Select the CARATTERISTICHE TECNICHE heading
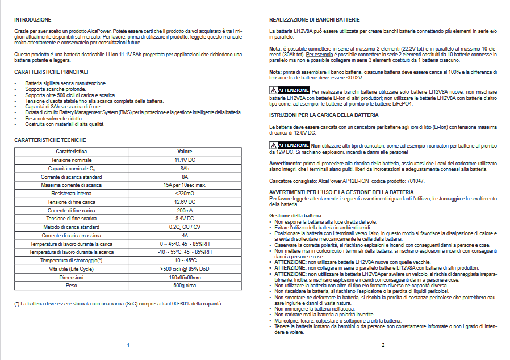(50, 140)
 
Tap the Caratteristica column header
(71, 152)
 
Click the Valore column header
(185, 152)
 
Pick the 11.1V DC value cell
(185, 161)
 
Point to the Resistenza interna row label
(71, 194)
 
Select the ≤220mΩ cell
(185, 194)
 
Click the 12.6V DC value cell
(185, 202)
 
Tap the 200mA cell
(185, 210)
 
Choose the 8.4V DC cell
(185, 219)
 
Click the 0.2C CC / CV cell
(185, 227)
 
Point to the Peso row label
(71, 285)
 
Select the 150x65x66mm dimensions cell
(185, 277)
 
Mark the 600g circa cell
(185, 285)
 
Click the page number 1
(129, 345)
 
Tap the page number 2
(383, 345)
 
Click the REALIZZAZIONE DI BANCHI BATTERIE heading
(315, 20)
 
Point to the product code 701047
(413, 181)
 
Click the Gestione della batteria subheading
(295, 216)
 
